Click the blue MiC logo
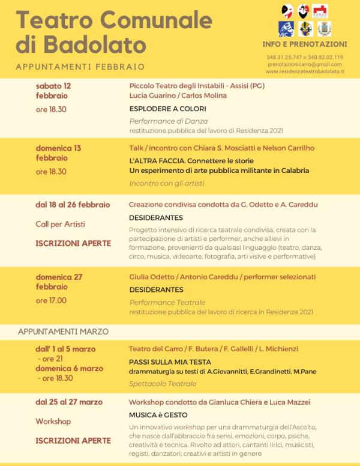(286, 29)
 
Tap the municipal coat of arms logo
(324, 29)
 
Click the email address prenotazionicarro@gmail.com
(304, 64)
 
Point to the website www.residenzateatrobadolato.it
(304, 71)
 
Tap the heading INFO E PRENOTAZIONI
(304, 44)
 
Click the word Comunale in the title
(158, 20)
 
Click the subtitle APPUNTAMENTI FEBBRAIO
(80, 67)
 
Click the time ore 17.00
(51, 300)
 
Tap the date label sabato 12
(53, 85)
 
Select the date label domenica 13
(58, 148)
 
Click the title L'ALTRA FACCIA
(158, 161)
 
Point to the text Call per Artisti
(60, 224)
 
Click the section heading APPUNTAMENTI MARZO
(63, 331)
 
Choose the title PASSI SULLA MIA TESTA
(170, 362)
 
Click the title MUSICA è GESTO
(158, 415)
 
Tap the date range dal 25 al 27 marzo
(68, 402)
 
